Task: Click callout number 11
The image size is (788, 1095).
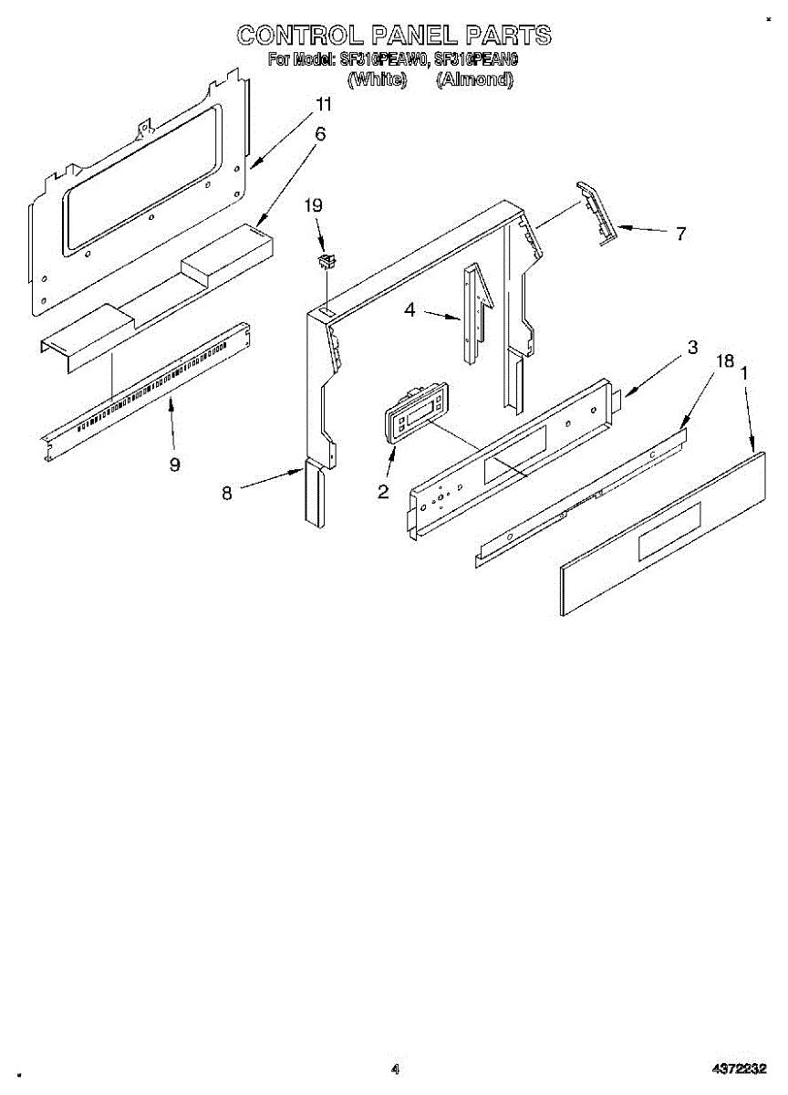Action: click(323, 104)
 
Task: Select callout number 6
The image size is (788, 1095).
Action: click(320, 133)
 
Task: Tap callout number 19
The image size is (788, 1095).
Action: click(313, 206)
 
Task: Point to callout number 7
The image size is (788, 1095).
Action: click(680, 233)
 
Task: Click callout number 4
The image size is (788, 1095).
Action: click(410, 310)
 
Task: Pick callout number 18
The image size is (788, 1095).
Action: click(725, 361)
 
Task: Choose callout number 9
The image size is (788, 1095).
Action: click(174, 464)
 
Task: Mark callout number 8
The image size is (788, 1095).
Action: click(227, 493)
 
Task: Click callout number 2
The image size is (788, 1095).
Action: click(383, 492)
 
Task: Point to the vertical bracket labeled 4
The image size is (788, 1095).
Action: click(474, 315)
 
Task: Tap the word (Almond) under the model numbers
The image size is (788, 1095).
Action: click(474, 79)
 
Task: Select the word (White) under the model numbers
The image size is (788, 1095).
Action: click(377, 79)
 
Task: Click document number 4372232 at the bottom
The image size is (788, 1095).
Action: click(740, 1069)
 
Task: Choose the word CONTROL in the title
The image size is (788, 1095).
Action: click(298, 36)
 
